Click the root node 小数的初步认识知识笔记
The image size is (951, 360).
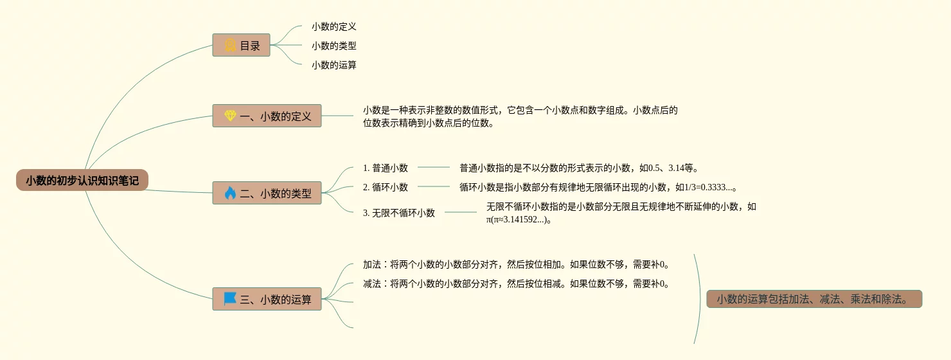[82, 181]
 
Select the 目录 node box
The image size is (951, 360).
[241, 45]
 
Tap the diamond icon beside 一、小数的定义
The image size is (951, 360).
[230, 116]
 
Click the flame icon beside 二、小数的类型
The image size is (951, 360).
[230, 193]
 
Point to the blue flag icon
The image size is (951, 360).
[230, 299]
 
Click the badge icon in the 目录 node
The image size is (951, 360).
[230, 45]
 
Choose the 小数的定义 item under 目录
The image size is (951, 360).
[333, 26]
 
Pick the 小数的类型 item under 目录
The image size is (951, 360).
[333, 46]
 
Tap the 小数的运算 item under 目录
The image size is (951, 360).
[333, 65]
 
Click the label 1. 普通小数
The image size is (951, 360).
[385, 168]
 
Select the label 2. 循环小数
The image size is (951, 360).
[385, 187]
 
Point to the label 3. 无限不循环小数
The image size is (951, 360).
[398, 213]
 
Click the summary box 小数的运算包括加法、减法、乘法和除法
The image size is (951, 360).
[814, 299]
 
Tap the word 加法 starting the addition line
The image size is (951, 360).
[372, 264]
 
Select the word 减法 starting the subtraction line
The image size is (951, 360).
[372, 283]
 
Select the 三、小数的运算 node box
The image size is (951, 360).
[267, 299]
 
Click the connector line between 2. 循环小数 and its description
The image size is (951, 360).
[434, 186]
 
